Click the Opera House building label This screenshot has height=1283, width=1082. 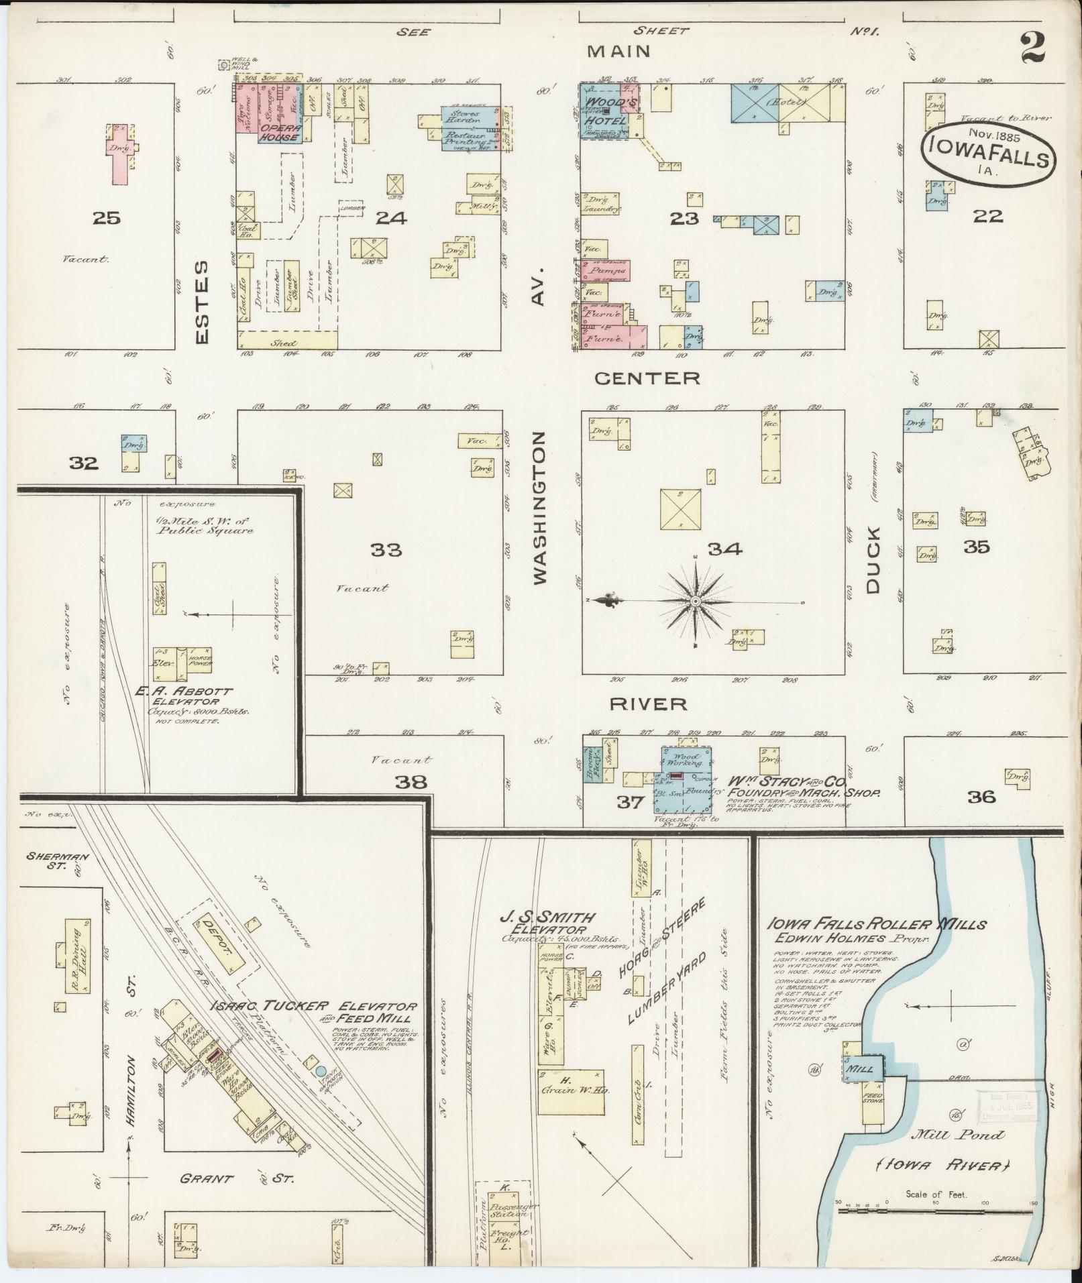(279, 132)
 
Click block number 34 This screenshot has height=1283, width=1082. (724, 549)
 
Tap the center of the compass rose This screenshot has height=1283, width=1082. (696, 601)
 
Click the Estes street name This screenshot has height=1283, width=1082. (203, 302)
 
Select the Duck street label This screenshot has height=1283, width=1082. (871, 560)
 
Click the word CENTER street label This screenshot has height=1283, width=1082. (647, 378)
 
